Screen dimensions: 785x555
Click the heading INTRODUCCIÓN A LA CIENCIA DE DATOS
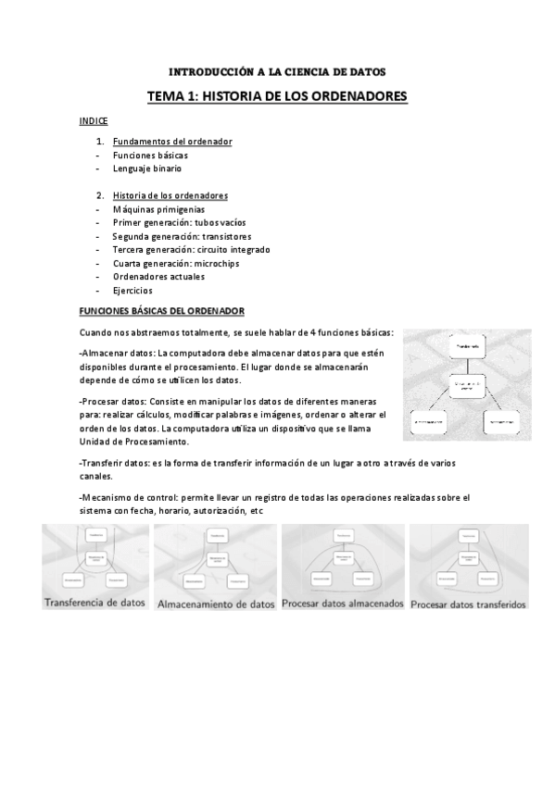(x=277, y=71)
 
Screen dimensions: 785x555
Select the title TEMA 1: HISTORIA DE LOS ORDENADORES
(x=277, y=96)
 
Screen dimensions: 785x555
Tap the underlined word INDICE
(x=94, y=121)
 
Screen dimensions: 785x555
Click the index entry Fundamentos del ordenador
(x=172, y=142)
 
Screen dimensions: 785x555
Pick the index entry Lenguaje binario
(x=147, y=168)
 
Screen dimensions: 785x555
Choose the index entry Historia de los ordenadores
(x=170, y=195)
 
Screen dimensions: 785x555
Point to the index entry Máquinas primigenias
(x=158, y=209)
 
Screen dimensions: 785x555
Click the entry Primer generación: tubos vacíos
(x=180, y=223)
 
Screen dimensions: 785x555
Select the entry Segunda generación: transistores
(x=181, y=236)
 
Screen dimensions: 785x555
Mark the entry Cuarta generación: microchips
(x=177, y=263)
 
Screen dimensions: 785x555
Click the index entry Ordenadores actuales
(x=158, y=277)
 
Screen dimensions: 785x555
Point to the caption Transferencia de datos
(x=95, y=603)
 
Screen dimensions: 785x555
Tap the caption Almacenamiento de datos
(x=216, y=604)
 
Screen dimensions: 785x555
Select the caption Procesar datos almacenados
(x=343, y=604)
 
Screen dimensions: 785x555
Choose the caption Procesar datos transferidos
(x=468, y=604)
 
